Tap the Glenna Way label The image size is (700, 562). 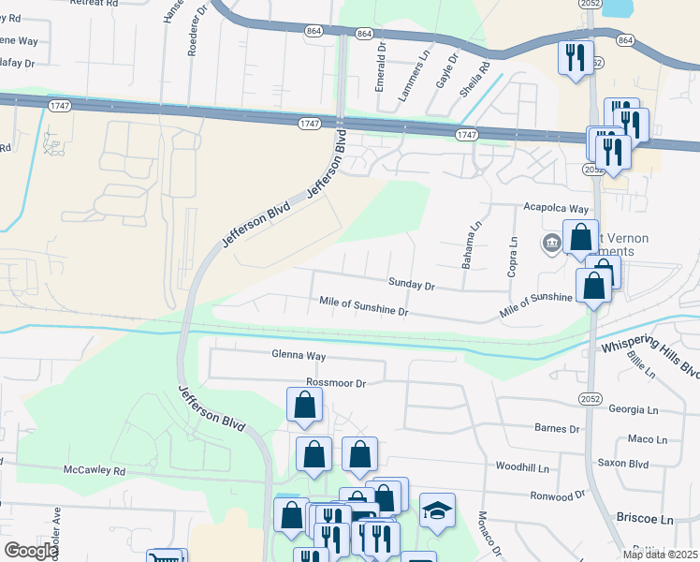point(299,356)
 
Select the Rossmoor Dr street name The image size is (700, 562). point(334,383)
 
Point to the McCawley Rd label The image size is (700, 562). point(95,471)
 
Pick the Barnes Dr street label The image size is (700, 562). point(558,429)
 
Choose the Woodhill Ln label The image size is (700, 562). point(522,466)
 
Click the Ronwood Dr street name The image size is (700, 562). point(557,495)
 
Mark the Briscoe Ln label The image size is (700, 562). point(645,518)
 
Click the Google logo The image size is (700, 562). point(31,551)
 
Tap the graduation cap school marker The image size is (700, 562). point(437,510)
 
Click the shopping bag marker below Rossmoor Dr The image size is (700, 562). point(304,406)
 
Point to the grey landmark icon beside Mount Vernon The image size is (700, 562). point(551,244)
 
